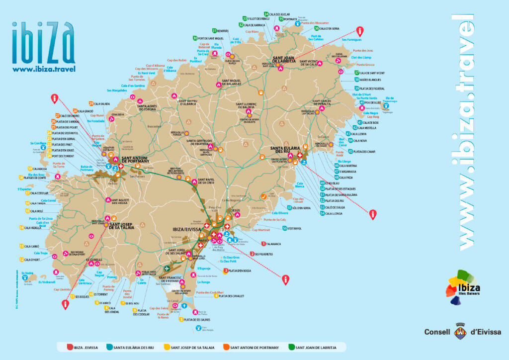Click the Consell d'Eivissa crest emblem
[x=460, y=332]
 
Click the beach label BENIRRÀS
[x=225, y=30]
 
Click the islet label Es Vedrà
[x=27, y=273]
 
